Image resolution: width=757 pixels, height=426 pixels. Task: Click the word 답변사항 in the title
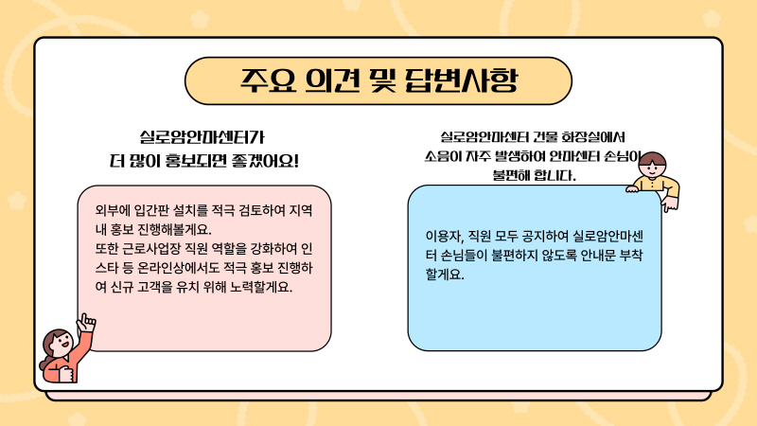[461, 80]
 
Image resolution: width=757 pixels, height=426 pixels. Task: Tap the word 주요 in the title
[268, 80]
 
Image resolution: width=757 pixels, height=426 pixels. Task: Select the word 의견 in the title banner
[333, 80]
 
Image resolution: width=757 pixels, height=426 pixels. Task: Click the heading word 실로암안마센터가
[202, 137]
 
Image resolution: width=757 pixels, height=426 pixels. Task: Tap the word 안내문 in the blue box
[598, 256]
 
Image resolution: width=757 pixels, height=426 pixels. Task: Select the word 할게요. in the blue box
[445, 275]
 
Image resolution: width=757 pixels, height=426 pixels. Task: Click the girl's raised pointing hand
[86, 322]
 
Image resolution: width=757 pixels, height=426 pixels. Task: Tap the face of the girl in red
[61, 344]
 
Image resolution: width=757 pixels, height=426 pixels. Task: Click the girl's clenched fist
[65, 374]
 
